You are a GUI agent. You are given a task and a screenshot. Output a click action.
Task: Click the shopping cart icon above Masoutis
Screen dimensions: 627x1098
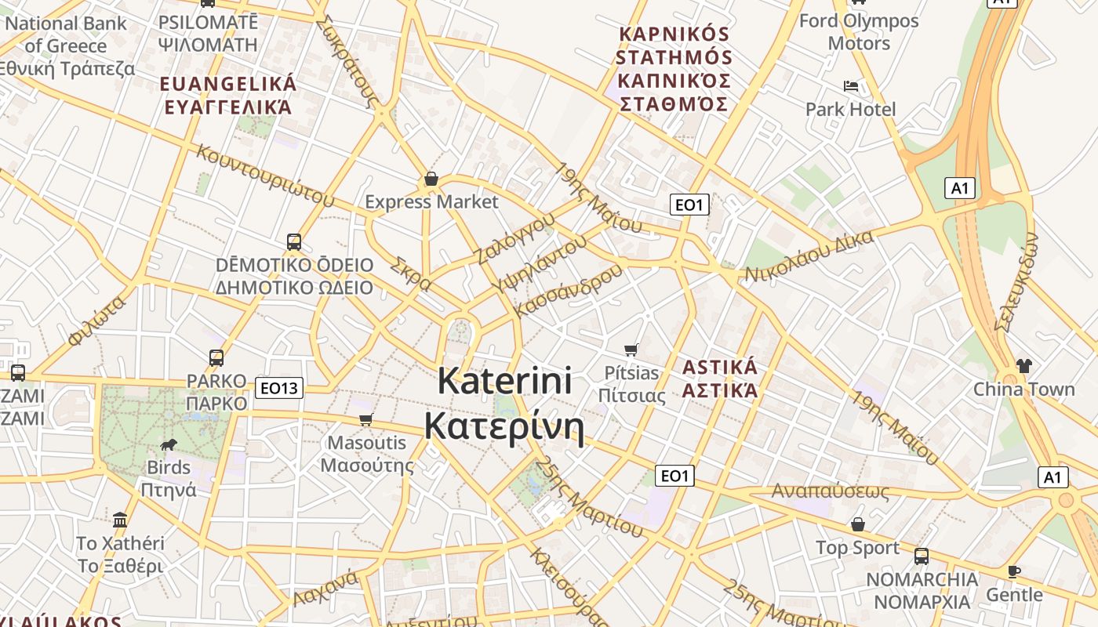(x=365, y=420)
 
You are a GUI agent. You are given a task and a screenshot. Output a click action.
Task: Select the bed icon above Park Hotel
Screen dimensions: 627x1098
(x=851, y=85)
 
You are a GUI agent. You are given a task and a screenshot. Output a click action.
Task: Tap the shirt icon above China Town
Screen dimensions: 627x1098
(x=1023, y=365)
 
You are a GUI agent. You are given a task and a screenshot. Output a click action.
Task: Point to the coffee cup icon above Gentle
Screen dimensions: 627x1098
(x=1013, y=571)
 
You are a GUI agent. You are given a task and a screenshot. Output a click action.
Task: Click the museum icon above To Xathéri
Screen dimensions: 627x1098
(x=120, y=520)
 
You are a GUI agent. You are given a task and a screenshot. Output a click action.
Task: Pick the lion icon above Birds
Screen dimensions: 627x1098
(x=169, y=445)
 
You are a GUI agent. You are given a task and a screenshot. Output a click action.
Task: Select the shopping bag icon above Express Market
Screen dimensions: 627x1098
(x=431, y=179)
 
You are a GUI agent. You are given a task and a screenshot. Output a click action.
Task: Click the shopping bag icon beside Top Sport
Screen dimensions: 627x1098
(x=858, y=524)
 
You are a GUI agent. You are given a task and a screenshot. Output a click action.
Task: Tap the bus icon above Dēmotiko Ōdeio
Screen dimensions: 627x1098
(x=294, y=241)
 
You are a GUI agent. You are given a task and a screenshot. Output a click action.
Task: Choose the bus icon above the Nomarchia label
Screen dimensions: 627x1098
(x=922, y=556)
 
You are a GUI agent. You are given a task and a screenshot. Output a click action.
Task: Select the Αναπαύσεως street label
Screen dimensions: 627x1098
(x=831, y=491)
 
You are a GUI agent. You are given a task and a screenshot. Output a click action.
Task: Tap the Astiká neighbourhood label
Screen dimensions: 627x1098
(x=719, y=379)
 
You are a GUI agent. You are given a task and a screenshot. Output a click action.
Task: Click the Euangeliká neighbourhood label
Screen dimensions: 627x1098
(x=228, y=96)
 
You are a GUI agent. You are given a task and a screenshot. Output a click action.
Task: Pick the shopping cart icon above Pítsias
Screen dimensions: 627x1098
(x=631, y=350)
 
